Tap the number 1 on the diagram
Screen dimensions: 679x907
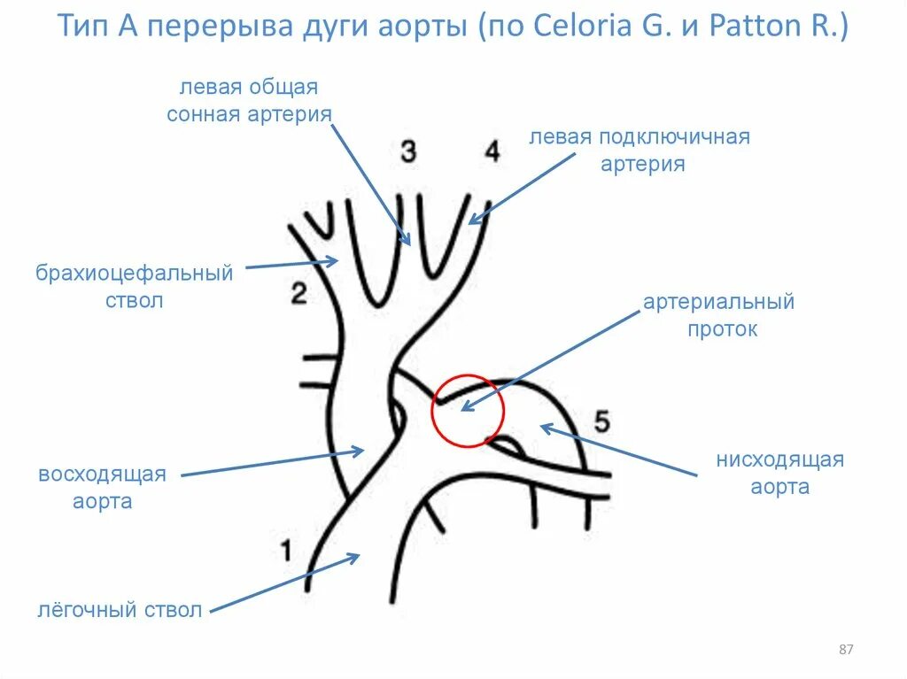pyautogui.click(x=285, y=551)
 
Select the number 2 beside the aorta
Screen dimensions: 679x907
pyautogui.click(x=298, y=293)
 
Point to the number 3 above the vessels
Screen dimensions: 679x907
pyautogui.click(x=407, y=150)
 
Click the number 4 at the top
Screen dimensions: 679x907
pyautogui.click(x=492, y=150)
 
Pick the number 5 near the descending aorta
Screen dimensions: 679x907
pyautogui.click(x=601, y=421)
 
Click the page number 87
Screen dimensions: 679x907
pyautogui.click(x=845, y=651)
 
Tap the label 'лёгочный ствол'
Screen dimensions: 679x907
pyautogui.click(x=120, y=610)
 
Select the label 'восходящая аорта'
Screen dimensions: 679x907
pyautogui.click(x=102, y=488)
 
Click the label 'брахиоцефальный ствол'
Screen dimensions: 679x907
pyautogui.click(x=135, y=286)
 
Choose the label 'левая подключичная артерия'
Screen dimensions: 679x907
pyautogui.click(x=640, y=150)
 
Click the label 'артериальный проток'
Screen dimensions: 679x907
pyautogui.click(x=718, y=315)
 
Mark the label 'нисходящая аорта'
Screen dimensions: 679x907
pyautogui.click(x=779, y=474)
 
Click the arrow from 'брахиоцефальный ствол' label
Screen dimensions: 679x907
pyautogui.click(x=291, y=263)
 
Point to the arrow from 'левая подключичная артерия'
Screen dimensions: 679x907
pyautogui.click(x=521, y=187)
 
